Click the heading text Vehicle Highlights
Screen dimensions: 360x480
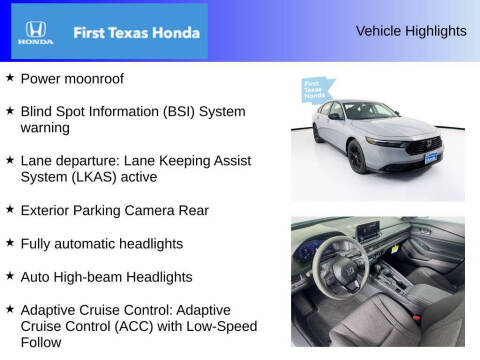410,31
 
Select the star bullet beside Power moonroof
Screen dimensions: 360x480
10,77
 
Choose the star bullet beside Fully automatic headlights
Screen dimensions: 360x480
10,243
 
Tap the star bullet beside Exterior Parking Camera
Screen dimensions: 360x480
10,210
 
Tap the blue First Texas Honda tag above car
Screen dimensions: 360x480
318,90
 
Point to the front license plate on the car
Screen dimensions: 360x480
431,157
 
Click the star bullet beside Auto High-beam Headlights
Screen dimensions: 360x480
10,276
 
